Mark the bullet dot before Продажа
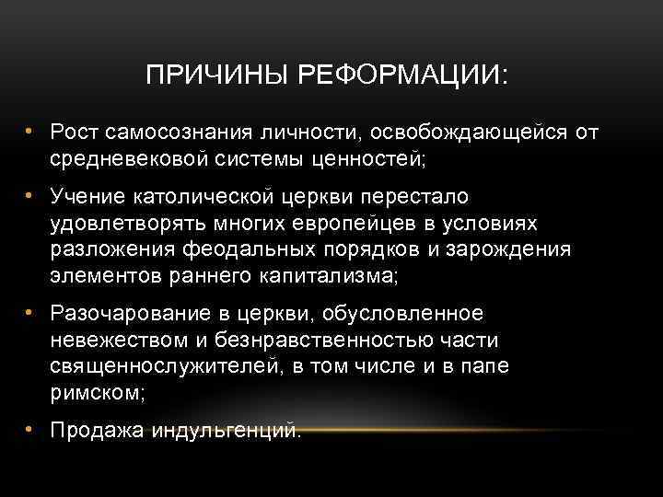pyautogui.click(x=30, y=428)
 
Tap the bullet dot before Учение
pyautogui.click(x=30, y=196)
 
